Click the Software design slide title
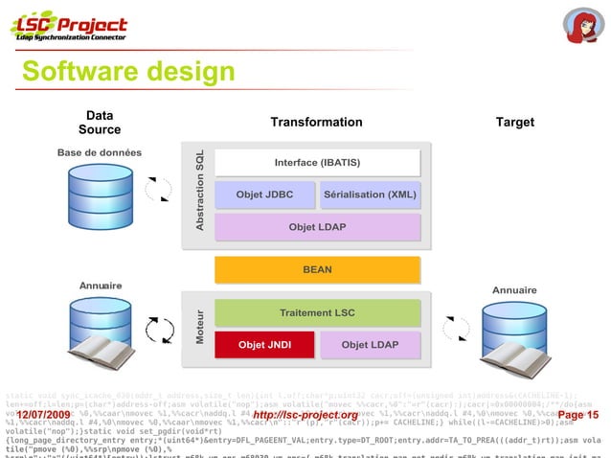click(127, 73)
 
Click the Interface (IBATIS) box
click(317, 162)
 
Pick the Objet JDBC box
click(264, 195)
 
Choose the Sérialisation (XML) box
click(370, 195)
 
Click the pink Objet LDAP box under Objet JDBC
click(317, 227)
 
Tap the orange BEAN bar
click(317, 269)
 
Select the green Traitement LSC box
click(317, 313)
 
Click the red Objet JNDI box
click(264, 344)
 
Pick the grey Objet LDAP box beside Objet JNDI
click(370, 344)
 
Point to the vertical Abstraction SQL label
click(200, 190)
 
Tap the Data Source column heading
click(100, 123)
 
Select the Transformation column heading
click(316, 123)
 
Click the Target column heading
click(514, 123)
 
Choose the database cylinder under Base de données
click(99, 195)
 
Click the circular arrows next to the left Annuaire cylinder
click(158, 331)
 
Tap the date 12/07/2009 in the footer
click(43, 414)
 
